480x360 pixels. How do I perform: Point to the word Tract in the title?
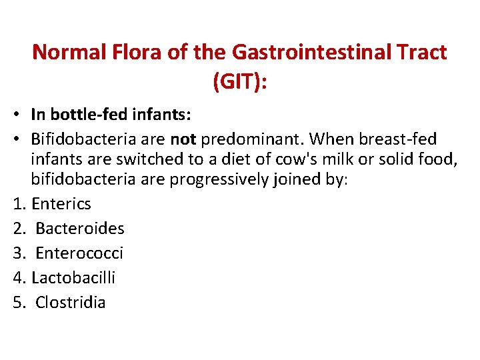[421, 52]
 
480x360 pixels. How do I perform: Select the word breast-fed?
[397, 139]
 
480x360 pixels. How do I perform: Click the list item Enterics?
[61, 204]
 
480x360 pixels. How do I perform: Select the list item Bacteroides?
[79, 229]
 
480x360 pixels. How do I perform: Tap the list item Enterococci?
[79, 253]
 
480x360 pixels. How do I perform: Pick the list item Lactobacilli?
[73, 277]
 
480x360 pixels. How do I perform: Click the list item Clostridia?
[70, 302]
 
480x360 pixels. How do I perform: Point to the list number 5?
[17, 302]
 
